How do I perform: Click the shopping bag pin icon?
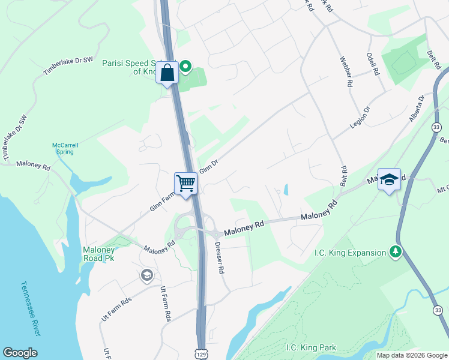[x=167, y=73]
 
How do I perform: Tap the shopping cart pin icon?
[x=186, y=183]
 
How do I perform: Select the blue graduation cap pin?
[x=389, y=179]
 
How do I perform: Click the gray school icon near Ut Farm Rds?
[x=146, y=275]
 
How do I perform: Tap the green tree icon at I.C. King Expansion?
[x=396, y=253]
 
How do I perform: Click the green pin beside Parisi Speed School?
[x=185, y=67]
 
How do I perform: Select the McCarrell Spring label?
[x=62, y=148]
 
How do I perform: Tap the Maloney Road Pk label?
[x=99, y=254]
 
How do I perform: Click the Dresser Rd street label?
[x=220, y=259]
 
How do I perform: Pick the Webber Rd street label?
[x=345, y=72]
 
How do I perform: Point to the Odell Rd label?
[x=373, y=64]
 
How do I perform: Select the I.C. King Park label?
[x=311, y=347]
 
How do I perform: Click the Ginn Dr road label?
[x=208, y=166]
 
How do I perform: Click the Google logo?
[x=20, y=353]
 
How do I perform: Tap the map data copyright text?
[x=411, y=355]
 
